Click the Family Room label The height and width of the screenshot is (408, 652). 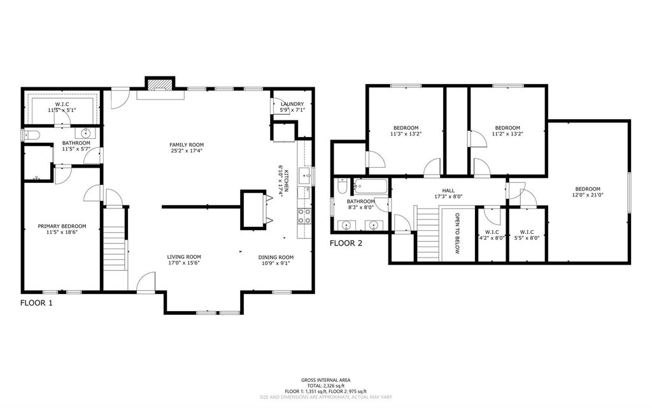pyautogui.click(x=187, y=145)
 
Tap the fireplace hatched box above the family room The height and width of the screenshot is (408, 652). pyautogui.click(x=159, y=84)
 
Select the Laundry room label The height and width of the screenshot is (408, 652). pyautogui.click(x=292, y=104)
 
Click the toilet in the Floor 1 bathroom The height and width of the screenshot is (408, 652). pyautogui.click(x=31, y=135)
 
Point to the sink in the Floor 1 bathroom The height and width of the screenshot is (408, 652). pyautogui.click(x=86, y=133)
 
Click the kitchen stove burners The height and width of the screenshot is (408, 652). pyautogui.click(x=304, y=215)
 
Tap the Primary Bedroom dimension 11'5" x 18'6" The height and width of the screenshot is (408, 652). pyautogui.click(x=62, y=232)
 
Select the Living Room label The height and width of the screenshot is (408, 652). pyautogui.click(x=184, y=258)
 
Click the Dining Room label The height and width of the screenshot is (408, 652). pyautogui.click(x=276, y=258)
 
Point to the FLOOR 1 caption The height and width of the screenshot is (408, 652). pyautogui.click(x=36, y=303)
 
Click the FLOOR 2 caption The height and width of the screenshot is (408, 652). pyautogui.click(x=346, y=243)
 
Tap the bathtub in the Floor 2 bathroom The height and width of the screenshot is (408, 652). pyautogui.click(x=370, y=186)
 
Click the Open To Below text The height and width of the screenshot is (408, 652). pyautogui.click(x=457, y=233)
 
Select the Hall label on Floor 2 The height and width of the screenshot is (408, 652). pyautogui.click(x=448, y=191)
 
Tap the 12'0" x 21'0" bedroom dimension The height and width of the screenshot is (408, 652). pyautogui.click(x=588, y=195)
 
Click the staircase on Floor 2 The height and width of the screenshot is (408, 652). pyautogui.click(x=428, y=233)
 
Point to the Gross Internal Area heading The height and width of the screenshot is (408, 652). pyautogui.click(x=325, y=380)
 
